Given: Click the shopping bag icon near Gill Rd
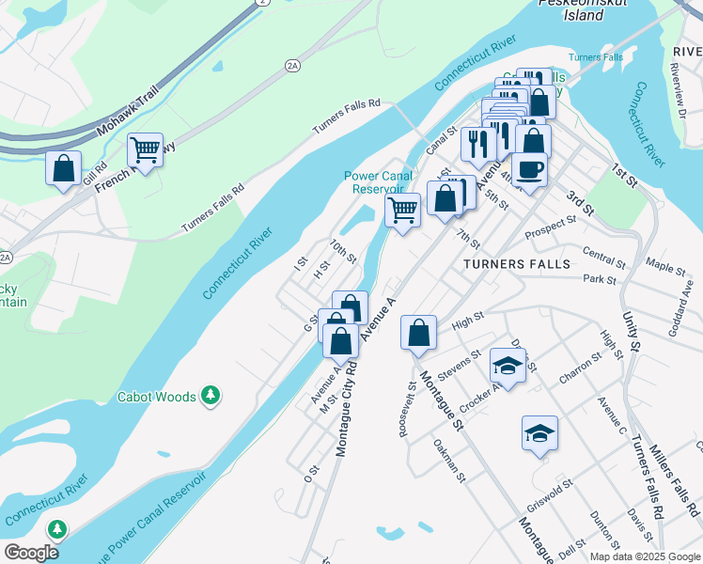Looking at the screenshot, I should pyautogui.click(x=63, y=169).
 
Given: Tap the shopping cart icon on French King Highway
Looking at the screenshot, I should pyautogui.click(x=145, y=149).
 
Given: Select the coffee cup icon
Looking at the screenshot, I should pyautogui.click(x=529, y=170).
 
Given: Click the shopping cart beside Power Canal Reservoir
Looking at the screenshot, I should pyautogui.click(x=402, y=210).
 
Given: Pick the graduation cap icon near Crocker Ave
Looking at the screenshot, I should pyautogui.click(x=508, y=366).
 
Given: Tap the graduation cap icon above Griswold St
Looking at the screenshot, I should pyautogui.click(x=539, y=433).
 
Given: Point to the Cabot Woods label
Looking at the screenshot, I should pyautogui.click(x=156, y=397).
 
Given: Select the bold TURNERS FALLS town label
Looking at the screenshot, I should pyautogui.click(x=517, y=264).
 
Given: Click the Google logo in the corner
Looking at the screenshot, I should pyautogui.click(x=32, y=553).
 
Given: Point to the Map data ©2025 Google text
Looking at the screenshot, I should pyautogui.click(x=644, y=556).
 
